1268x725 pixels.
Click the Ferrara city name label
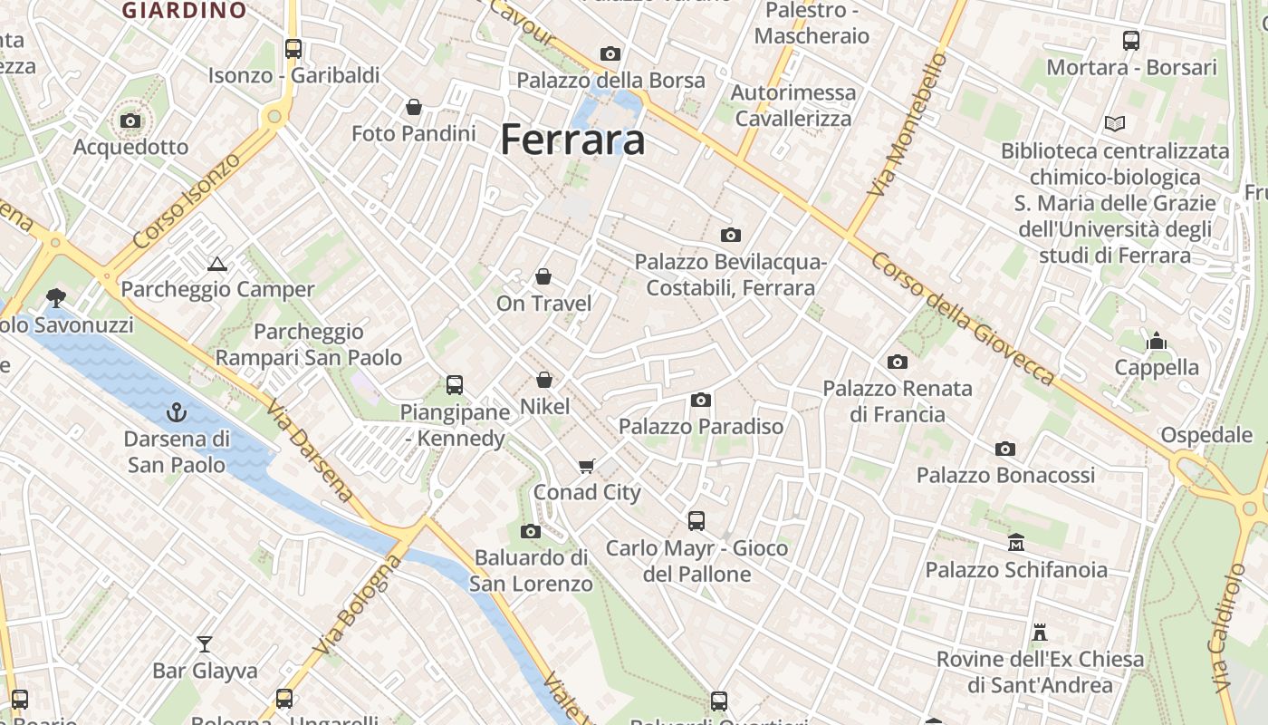point(572,140)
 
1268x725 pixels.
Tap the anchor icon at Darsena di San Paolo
point(177,413)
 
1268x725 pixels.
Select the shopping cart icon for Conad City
point(587,466)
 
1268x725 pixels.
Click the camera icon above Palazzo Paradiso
point(700,400)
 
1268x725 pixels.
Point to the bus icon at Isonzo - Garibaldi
point(293,49)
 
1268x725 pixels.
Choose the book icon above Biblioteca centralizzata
point(1115,123)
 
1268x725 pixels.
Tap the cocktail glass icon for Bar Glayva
point(205,643)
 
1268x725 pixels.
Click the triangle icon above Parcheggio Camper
point(216,264)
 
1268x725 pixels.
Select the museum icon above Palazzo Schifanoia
point(1016,543)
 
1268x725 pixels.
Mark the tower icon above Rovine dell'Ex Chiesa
point(1040,632)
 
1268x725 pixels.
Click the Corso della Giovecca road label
point(964,319)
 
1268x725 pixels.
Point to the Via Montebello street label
point(907,125)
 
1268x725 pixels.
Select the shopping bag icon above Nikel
point(544,380)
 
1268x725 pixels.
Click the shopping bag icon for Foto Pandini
point(414,108)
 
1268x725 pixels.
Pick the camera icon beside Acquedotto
point(130,121)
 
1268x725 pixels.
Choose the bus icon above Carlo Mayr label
point(696,521)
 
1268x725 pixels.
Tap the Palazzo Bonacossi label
point(1005,475)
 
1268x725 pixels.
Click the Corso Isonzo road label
point(187,201)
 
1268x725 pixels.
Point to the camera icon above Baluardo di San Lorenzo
point(531,531)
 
